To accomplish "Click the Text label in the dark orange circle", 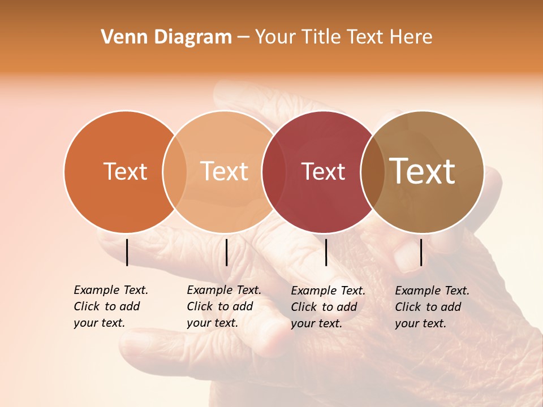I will [125, 171].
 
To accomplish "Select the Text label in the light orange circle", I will [225, 171].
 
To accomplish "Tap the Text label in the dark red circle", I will [323, 171].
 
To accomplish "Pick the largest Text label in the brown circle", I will [423, 171].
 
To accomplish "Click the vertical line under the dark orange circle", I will [127, 252].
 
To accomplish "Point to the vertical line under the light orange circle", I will [226, 252].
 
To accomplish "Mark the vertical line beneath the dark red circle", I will [326, 252].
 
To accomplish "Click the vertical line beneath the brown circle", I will [421, 252].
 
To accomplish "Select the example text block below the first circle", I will [111, 306].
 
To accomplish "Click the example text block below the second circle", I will [224, 306].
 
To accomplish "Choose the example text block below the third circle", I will [328, 307].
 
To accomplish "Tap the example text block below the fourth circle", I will [432, 307].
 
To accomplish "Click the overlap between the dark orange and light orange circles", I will [175, 172].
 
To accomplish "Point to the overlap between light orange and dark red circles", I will [274, 172].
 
